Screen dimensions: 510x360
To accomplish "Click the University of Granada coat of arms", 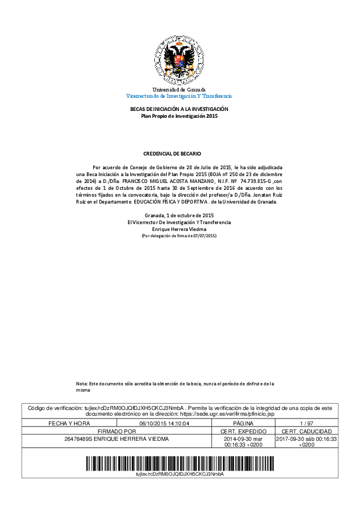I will [179, 60].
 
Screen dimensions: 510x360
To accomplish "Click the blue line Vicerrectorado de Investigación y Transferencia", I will [179, 96].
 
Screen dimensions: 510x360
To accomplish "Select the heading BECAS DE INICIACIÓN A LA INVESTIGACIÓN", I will [179, 109].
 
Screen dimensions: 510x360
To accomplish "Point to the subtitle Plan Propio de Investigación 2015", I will [179, 116].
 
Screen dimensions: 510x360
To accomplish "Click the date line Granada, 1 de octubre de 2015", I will [179, 215].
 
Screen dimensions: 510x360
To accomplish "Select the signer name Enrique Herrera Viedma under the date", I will [179, 229].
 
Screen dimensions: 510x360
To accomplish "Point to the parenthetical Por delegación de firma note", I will [179, 236].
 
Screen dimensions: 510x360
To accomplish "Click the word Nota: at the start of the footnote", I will [82, 383].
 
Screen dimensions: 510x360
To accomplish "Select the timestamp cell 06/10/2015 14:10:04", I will [164, 423].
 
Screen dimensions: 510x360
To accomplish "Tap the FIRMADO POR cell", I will [117, 431].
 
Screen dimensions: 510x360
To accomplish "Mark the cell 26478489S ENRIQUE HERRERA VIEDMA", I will [117, 439].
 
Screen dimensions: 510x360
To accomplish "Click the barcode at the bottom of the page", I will [179, 462].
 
